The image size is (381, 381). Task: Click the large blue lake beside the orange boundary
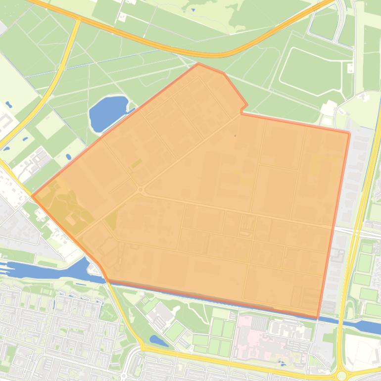(x=107, y=113)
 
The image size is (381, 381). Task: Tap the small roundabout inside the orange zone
(x=141, y=190)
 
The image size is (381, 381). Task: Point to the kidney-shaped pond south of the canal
(x=158, y=340)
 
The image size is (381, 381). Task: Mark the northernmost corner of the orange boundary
(x=198, y=63)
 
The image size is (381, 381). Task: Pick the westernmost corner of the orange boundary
(x=33, y=196)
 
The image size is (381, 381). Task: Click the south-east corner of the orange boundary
(x=317, y=318)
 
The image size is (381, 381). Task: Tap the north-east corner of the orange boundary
(x=349, y=132)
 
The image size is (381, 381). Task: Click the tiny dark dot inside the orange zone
(x=235, y=135)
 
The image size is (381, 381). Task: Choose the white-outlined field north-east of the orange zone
(x=312, y=70)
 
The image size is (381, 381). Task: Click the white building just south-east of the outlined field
(x=328, y=107)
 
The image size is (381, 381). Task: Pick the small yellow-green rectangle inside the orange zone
(x=136, y=163)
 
